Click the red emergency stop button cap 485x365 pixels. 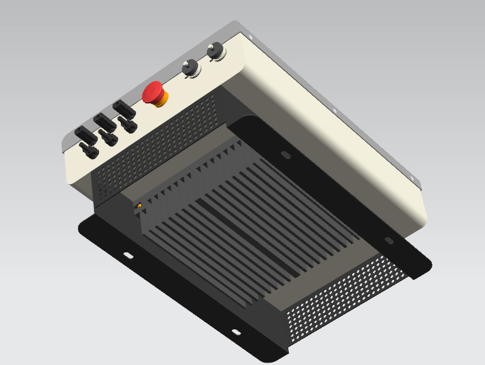pos(152,91)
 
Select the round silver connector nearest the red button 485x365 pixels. pos(190,68)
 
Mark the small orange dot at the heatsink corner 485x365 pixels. pos(138,205)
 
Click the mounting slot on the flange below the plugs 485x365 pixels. pos(128,255)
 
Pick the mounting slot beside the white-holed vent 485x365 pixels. pos(236,332)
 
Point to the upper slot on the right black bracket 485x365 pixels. pos(284,154)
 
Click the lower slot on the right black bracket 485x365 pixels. pos(389,240)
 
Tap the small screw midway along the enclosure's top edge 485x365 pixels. pos(335,112)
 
